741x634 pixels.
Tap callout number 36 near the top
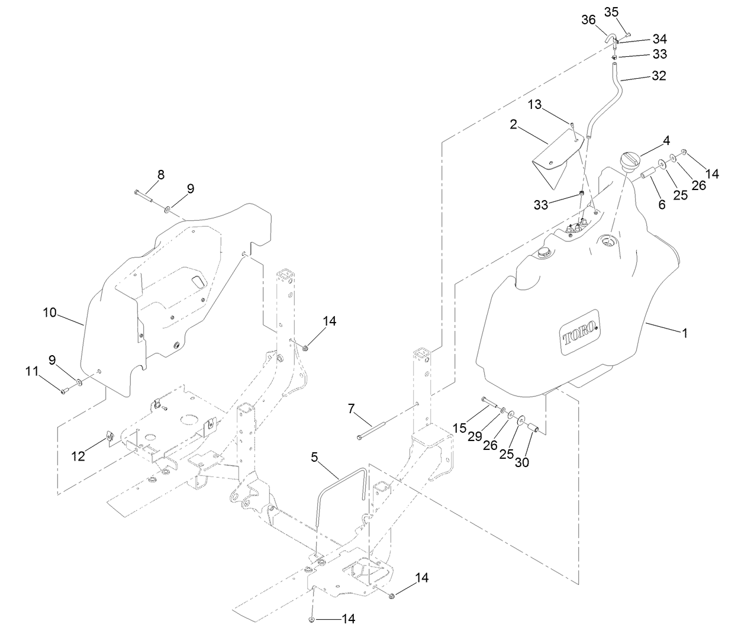pyautogui.click(x=588, y=20)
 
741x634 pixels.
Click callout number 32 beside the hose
pyautogui.click(x=659, y=76)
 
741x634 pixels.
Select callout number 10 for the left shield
pyautogui.click(x=50, y=312)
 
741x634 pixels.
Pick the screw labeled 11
pyautogui.click(x=65, y=390)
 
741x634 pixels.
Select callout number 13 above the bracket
pyautogui.click(x=534, y=105)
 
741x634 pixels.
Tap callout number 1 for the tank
pyautogui.click(x=684, y=333)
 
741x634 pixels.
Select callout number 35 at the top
pyautogui.click(x=611, y=11)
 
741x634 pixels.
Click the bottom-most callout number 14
pyautogui.click(x=349, y=619)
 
